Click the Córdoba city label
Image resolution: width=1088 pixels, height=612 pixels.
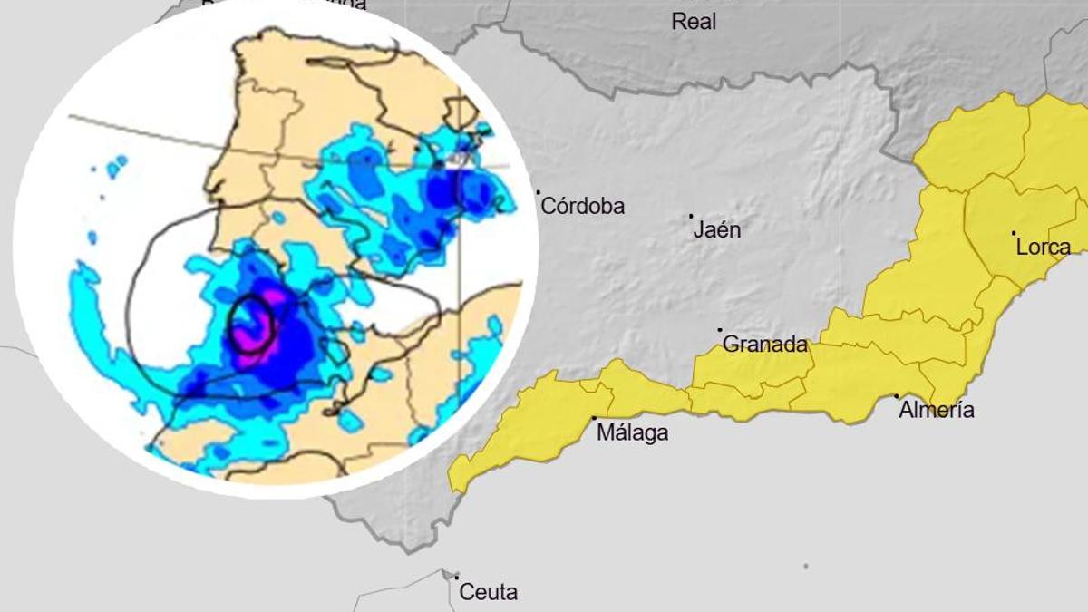point(583,207)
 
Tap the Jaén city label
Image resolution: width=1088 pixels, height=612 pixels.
point(717,230)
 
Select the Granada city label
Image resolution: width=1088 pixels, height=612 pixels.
point(764,345)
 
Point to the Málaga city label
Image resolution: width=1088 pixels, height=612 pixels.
point(633,433)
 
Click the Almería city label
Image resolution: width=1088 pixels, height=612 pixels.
point(937,411)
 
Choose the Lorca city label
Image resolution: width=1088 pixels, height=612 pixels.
point(1044,248)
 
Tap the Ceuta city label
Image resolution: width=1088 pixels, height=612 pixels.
point(489,593)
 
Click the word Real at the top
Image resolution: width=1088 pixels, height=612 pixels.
point(694,22)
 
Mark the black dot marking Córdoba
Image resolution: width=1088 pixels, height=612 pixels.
point(538,192)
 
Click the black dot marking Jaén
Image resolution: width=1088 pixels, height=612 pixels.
point(691,216)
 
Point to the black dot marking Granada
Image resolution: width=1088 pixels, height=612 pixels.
point(720,330)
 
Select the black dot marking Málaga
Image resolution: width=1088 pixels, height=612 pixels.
point(594,418)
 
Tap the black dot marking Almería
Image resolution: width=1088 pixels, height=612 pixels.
point(897,396)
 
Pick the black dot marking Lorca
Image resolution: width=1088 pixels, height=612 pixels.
point(1014,233)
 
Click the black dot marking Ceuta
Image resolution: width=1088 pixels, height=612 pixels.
point(457,577)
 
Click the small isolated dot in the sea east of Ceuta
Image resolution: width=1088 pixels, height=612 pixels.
point(806,567)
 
